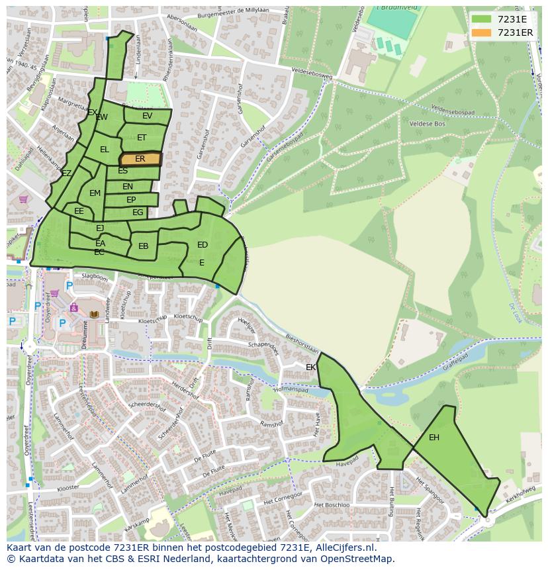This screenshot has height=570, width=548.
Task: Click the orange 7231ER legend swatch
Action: [482, 32]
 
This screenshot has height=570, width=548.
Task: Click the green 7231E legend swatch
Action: [482, 19]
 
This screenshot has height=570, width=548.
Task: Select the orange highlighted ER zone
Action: [140, 159]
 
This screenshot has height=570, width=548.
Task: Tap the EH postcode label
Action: [434, 438]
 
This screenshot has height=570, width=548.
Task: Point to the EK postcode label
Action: [311, 367]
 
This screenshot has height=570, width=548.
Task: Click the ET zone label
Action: [142, 138]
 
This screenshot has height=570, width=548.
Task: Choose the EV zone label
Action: [147, 116]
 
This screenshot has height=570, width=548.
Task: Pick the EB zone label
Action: [144, 246]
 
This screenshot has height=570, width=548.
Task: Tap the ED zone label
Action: [203, 245]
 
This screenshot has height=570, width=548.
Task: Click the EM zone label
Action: [95, 193]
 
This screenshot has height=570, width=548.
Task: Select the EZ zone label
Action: [66, 173]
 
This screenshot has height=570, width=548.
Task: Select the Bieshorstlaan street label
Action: [302, 345]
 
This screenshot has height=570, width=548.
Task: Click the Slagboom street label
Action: [94, 277]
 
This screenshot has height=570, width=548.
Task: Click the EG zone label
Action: [138, 213]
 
